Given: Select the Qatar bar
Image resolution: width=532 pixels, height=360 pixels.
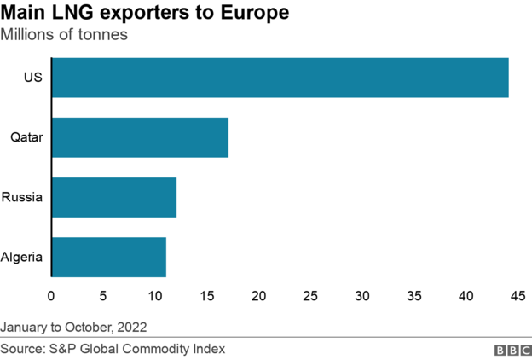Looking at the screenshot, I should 140,137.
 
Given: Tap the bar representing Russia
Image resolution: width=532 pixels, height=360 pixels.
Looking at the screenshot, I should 114,197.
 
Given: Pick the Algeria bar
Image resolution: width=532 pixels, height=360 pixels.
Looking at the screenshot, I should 109,257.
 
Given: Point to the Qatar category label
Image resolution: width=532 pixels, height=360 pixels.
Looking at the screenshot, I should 26,137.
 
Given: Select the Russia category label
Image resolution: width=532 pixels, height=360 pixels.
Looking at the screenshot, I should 23,197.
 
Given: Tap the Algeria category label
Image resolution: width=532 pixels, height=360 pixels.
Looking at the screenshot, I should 22,257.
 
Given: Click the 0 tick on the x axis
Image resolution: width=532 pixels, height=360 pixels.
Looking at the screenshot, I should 51,296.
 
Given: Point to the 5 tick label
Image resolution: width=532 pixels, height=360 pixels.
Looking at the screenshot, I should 103,296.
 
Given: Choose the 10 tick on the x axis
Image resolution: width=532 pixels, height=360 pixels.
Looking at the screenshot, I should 155,296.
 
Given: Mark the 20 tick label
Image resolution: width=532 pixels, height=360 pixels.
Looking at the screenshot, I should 258,296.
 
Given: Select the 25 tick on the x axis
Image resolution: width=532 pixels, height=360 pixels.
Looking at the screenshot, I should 310,296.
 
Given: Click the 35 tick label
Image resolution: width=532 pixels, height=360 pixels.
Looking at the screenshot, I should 414,296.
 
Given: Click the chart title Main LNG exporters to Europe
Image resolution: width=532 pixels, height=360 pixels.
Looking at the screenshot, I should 144,14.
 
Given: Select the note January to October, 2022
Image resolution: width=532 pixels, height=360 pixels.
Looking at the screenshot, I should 74,327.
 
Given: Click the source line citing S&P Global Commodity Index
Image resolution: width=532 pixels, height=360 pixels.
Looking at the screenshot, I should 113,349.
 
